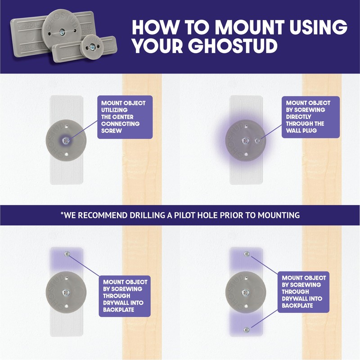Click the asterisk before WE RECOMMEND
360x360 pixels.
62,214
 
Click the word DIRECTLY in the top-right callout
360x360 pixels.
301,117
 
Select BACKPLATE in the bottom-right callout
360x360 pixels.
298,305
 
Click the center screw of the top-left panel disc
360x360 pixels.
67,140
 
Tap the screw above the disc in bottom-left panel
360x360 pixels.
67,255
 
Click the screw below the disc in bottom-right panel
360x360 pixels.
247,330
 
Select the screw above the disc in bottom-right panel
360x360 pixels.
247,254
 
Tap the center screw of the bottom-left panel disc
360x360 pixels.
67,292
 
